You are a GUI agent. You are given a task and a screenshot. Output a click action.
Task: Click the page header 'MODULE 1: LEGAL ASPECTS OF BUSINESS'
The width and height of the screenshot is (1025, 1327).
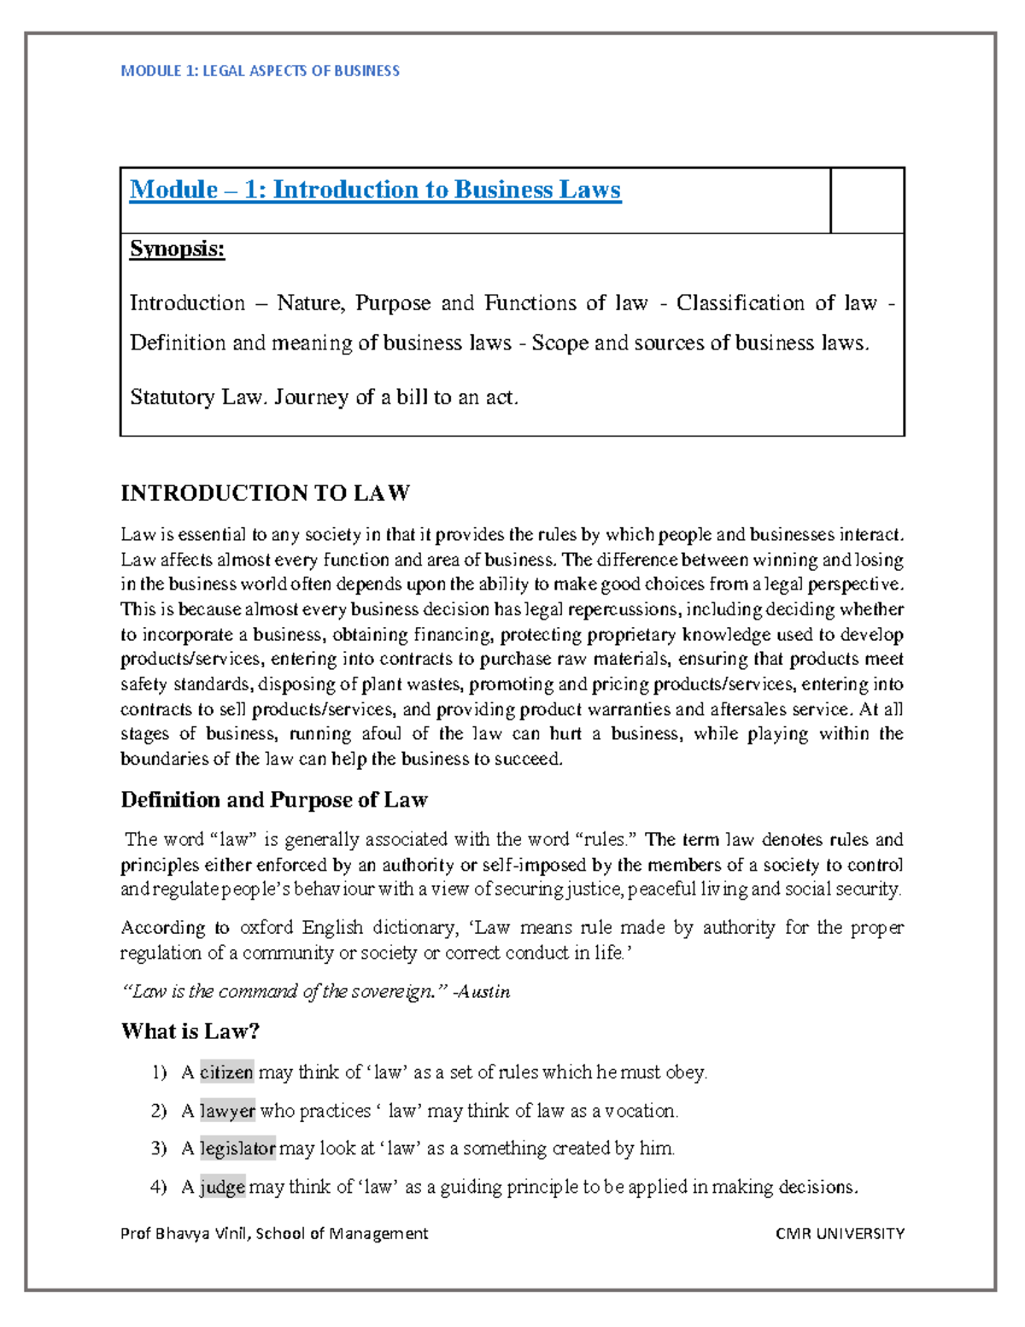click(x=260, y=71)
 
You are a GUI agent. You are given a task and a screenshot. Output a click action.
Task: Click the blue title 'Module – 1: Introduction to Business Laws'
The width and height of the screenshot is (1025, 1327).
click(x=375, y=190)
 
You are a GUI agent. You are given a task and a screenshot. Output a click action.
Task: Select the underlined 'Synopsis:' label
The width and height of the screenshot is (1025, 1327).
click(x=177, y=250)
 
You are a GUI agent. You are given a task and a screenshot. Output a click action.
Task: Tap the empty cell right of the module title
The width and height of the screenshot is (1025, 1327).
click(x=867, y=200)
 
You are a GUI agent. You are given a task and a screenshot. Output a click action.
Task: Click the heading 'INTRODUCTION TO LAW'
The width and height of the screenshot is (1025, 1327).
click(x=265, y=493)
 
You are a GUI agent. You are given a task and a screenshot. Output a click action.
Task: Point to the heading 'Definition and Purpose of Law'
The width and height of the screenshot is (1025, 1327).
click(x=273, y=800)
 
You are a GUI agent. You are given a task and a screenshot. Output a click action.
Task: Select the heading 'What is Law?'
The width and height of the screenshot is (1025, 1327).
click(x=190, y=1031)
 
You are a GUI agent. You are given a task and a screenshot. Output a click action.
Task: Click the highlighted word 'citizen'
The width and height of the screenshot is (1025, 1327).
click(x=226, y=1072)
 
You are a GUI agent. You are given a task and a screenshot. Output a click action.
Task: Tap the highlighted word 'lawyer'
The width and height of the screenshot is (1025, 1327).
click(x=227, y=1111)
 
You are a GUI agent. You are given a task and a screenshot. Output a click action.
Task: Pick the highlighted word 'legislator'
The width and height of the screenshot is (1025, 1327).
click(x=237, y=1148)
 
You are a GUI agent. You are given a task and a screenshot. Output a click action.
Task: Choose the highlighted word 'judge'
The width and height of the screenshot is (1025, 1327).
click(x=222, y=1187)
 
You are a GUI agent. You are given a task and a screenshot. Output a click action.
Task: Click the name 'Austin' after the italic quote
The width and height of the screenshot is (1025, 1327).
click(x=484, y=991)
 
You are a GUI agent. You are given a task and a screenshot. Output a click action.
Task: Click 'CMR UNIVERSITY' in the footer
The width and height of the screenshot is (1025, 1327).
click(x=840, y=1233)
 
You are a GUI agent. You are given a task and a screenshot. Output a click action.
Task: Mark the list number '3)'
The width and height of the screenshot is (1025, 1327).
click(x=159, y=1148)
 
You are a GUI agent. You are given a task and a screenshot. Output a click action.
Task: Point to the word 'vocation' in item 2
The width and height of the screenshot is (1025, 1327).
click(x=640, y=1111)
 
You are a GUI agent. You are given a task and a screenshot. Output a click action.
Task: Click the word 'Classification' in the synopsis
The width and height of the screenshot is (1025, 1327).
click(x=740, y=303)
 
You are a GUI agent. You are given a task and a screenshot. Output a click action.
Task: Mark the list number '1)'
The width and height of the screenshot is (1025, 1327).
click(x=159, y=1072)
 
